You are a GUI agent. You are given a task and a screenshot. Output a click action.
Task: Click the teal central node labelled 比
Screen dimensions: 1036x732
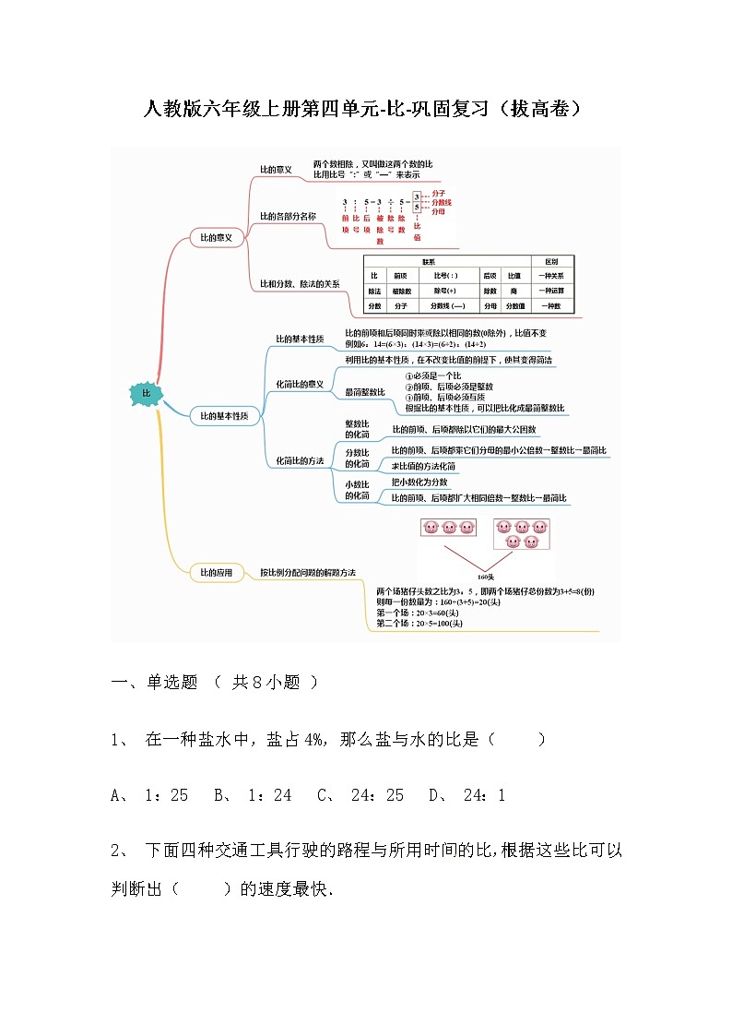point(145,394)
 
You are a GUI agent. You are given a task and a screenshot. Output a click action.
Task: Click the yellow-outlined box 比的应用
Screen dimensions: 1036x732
point(216,573)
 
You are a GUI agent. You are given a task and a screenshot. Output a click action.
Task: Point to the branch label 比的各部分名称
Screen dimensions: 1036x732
point(289,216)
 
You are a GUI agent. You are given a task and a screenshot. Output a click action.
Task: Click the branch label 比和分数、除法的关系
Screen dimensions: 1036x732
point(300,284)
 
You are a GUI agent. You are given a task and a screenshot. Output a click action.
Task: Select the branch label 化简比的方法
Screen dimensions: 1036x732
point(300,460)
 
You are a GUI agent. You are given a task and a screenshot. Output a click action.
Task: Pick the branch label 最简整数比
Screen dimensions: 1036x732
point(365,392)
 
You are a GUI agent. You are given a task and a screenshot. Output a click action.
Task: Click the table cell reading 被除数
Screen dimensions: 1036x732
point(400,291)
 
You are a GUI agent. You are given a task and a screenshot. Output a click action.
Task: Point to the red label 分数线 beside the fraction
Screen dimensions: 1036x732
point(442,202)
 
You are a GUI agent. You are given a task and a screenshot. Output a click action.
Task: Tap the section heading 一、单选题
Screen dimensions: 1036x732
point(155,683)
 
